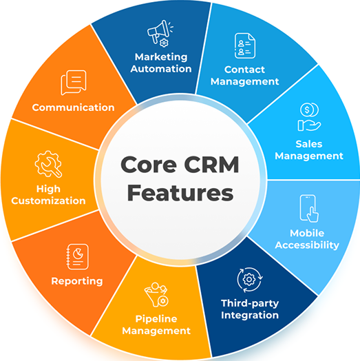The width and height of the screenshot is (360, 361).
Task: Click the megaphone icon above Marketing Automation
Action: pyautogui.click(x=160, y=34)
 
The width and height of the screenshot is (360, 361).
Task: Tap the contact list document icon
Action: pyautogui.click(x=245, y=45)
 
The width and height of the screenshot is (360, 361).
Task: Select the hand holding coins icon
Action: pyautogui.click(x=309, y=117)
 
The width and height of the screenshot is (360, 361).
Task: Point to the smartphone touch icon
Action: pyautogui.click(x=309, y=208)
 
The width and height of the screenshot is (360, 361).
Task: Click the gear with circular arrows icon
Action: pyautogui.click(x=250, y=280)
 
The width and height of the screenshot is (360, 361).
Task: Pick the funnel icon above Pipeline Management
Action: pyautogui.click(x=156, y=295)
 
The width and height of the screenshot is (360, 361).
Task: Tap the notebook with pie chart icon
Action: pyautogui.click(x=78, y=256)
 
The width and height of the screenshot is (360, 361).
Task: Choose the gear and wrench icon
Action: pyautogui.click(x=48, y=164)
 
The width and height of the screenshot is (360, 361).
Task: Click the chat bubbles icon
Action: pyautogui.click(x=74, y=83)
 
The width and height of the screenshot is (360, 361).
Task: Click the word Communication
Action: pyautogui.click(x=73, y=107)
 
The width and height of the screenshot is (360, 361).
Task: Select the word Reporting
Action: pyautogui.click(x=77, y=281)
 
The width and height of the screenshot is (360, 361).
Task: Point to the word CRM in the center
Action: pyautogui.click(x=211, y=165)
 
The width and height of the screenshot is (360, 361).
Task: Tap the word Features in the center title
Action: pyautogui.click(x=180, y=193)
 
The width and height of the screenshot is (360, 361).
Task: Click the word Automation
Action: pyautogui.click(x=161, y=69)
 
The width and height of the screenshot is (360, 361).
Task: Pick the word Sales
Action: pyautogui.click(x=309, y=144)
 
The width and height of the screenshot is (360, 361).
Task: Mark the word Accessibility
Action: pyautogui.click(x=307, y=245)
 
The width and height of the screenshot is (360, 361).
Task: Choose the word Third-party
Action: pyautogui.click(x=250, y=303)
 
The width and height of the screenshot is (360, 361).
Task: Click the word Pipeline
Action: pyautogui.click(x=156, y=319)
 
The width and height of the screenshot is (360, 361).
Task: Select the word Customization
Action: pyautogui.click(x=48, y=200)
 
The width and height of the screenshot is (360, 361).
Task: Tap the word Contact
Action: pyautogui.click(x=244, y=70)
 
